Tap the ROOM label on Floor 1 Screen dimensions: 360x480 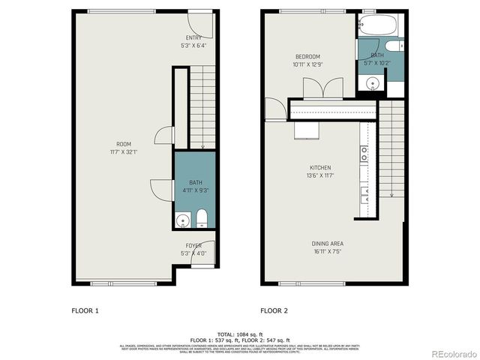pyautogui.click(x=124, y=144)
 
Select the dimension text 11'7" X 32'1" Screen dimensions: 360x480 pyautogui.click(x=124, y=152)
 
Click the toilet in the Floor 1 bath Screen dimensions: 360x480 pyautogui.click(x=201, y=219)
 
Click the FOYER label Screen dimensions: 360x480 pyautogui.click(x=193, y=246)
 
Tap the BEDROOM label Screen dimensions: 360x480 pyautogui.click(x=307, y=57)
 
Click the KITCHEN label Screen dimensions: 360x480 pyautogui.click(x=320, y=168)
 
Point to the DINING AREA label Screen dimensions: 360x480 pyautogui.click(x=328, y=244)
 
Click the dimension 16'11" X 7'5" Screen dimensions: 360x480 pyautogui.click(x=328, y=252)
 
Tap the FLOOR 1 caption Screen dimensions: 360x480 pyautogui.click(x=85, y=310)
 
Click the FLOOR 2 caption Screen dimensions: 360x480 pyautogui.click(x=274, y=310)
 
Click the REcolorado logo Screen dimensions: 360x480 pyautogui.click(x=451, y=352)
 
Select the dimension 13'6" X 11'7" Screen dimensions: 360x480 pyautogui.click(x=320, y=175)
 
